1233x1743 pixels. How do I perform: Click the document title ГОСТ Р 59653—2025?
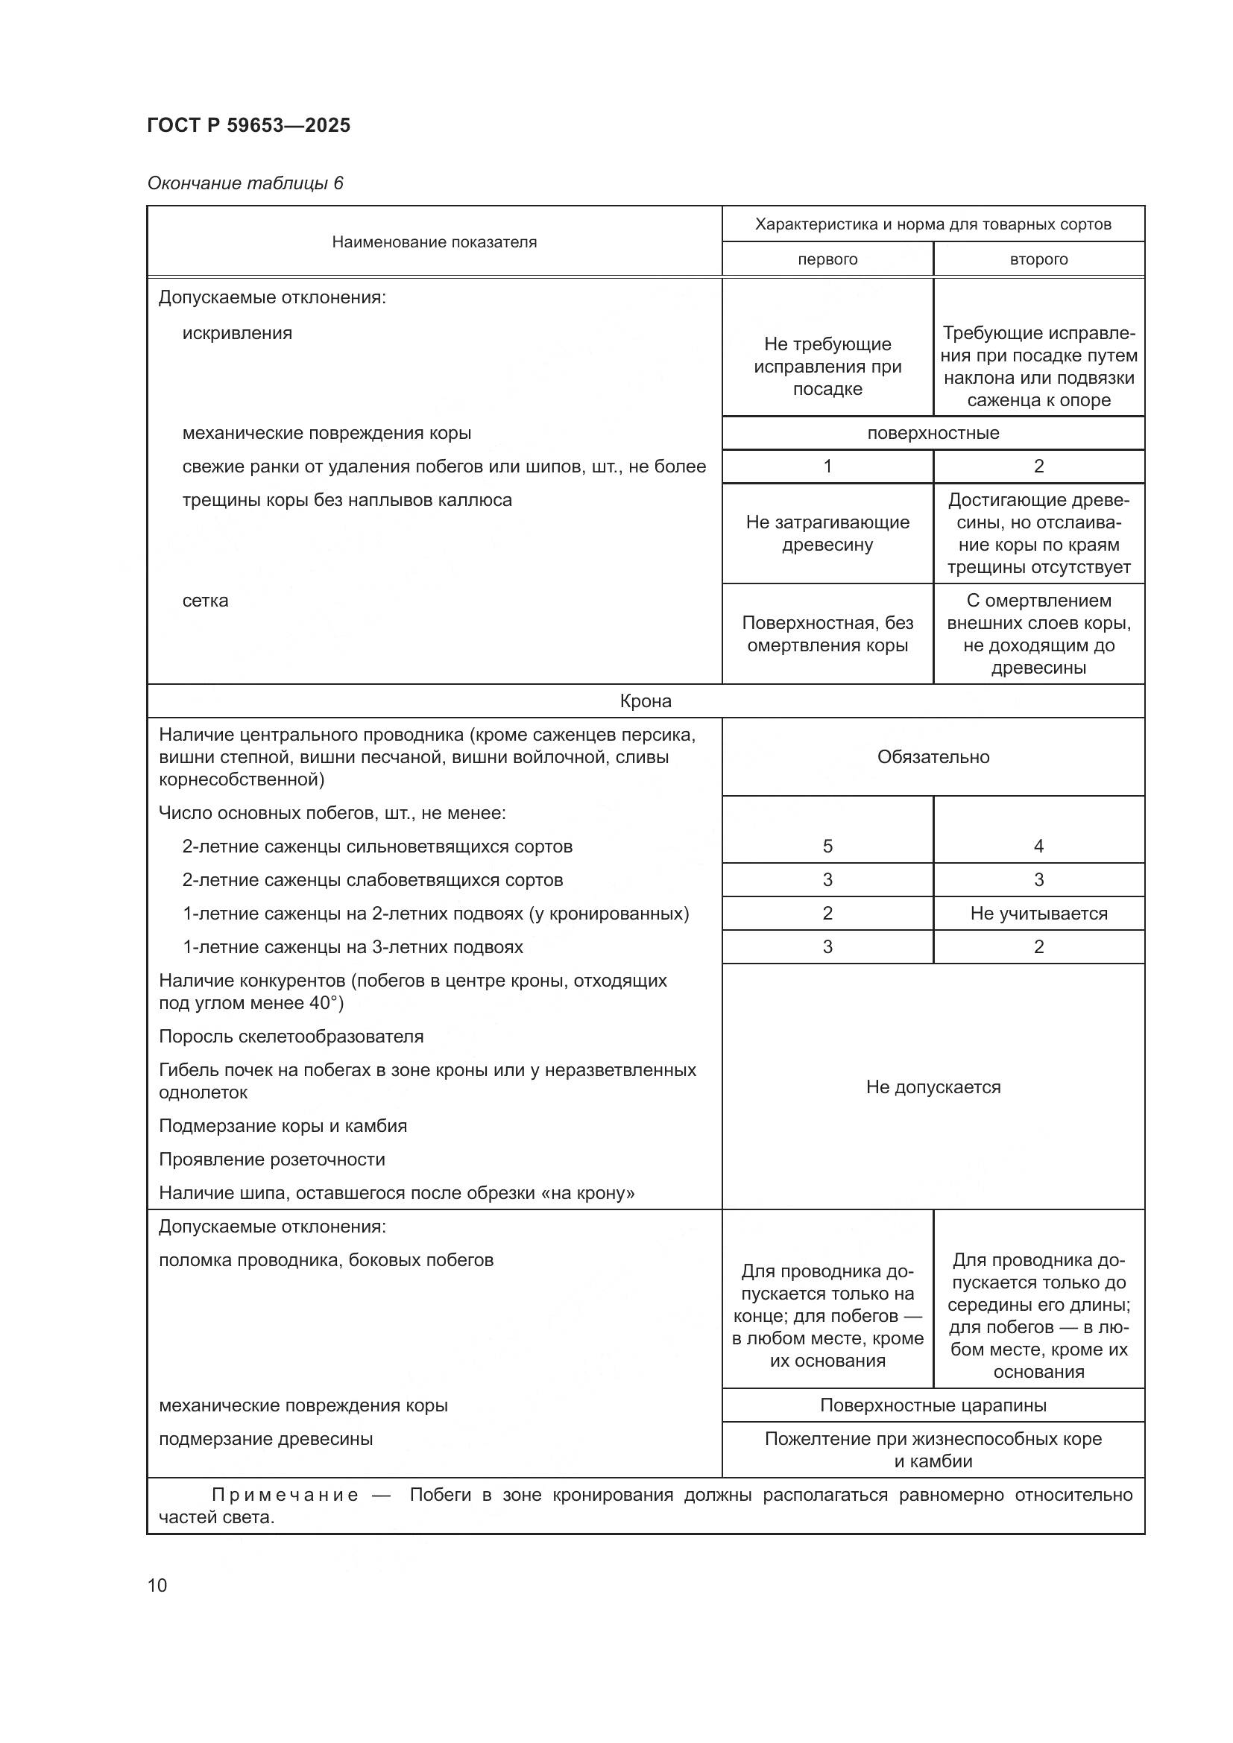(x=248, y=125)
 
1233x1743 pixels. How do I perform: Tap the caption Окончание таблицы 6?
(x=245, y=183)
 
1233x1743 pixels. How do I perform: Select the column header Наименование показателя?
(x=434, y=242)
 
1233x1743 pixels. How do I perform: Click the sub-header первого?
(x=827, y=259)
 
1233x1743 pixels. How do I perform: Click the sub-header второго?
(x=1038, y=259)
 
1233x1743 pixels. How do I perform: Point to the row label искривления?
(x=237, y=333)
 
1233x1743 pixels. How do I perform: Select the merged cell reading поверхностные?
(x=933, y=434)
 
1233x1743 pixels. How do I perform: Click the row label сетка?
(x=205, y=601)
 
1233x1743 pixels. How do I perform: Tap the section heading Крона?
(x=646, y=700)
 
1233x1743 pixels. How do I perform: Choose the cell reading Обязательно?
(x=933, y=757)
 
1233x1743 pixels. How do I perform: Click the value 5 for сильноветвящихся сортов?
(x=827, y=847)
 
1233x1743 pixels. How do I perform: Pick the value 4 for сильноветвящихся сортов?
(x=1038, y=847)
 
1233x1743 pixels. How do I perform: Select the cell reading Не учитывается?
(x=1038, y=914)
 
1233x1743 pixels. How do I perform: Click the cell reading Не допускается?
(x=933, y=1087)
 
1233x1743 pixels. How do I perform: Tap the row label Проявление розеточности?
(x=272, y=1160)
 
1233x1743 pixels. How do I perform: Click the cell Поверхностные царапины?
(x=933, y=1405)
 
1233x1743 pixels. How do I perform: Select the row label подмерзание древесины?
(x=265, y=1438)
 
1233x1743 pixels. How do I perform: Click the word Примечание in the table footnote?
(x=285, y=1495)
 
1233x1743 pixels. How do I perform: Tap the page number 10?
(x=157, y=1585)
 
